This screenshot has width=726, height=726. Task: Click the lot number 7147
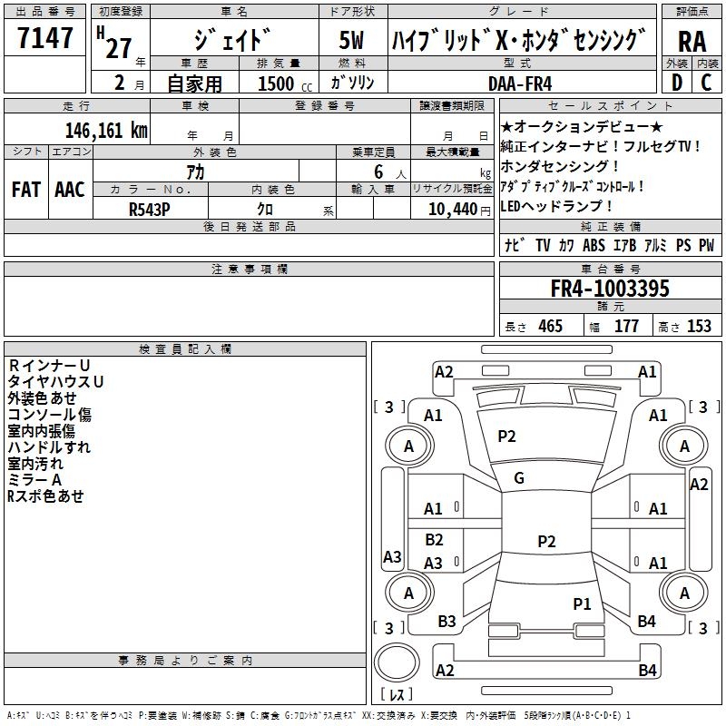coord(45,39)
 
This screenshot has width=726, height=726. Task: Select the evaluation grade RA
coord(692,42)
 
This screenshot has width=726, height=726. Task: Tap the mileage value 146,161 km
coord(106,130)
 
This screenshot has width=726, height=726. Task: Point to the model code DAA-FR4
coord(520,83)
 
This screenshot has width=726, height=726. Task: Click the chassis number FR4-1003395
coord(610,289)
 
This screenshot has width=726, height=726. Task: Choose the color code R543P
coord(149,209)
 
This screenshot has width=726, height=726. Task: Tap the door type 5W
coord(352,42)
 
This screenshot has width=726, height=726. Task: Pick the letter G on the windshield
coord(519,477)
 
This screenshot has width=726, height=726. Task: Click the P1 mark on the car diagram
coord(582,603)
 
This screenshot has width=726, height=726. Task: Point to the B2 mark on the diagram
coord(435,540)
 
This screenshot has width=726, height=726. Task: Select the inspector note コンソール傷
coord(50,415)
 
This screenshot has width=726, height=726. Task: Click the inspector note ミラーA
coord(35,480)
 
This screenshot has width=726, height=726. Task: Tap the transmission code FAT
coord(25,189)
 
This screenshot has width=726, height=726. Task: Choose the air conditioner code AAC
coord(70,189)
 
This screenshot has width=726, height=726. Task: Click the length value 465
coord(548,326)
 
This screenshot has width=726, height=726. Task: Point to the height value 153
coord(699,326)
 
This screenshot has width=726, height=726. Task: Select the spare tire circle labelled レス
coord(397,669)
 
